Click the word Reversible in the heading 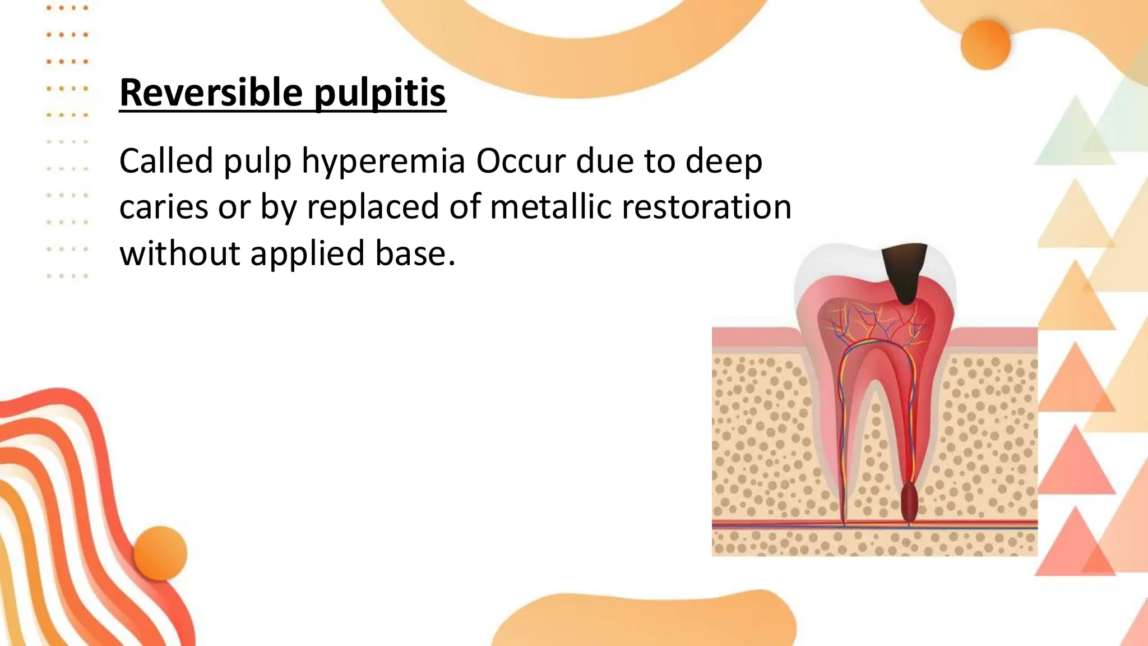(211, 93)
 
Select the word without (179, 253)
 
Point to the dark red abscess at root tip (909, 502)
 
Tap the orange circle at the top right (985, 45)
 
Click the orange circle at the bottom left (160, 553)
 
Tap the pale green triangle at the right (1073, 135)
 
